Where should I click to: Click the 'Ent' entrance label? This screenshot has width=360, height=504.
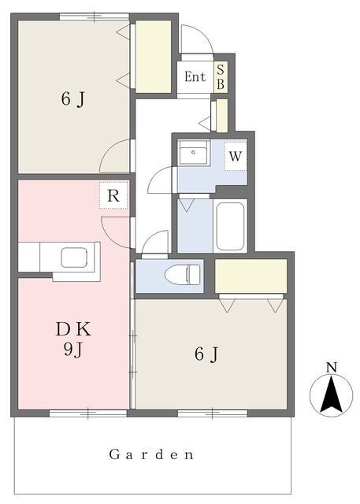tap(195, 77)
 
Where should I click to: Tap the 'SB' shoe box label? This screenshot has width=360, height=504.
tap(221, 76)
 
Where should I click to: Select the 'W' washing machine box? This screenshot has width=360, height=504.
tap(235, 156)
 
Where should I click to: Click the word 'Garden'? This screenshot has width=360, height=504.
tap(151, 455)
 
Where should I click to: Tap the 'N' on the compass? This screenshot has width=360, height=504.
tap(331, 367)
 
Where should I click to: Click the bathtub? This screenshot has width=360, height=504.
tap(230, 226)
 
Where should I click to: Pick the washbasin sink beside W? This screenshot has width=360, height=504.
tap(192, 154)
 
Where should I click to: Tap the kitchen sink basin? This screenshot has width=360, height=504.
tap(76, 258)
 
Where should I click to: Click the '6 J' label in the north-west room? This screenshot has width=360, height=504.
tap(72, 99)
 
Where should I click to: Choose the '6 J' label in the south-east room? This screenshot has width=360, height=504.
tap(206, 354)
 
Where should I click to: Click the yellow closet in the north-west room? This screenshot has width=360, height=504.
tap(154, 54)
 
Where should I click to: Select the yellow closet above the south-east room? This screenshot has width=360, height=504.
tap(251, 275)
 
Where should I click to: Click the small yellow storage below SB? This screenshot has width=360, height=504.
tap(221, 115)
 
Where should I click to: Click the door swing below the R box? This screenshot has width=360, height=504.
tap(117, 229)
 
